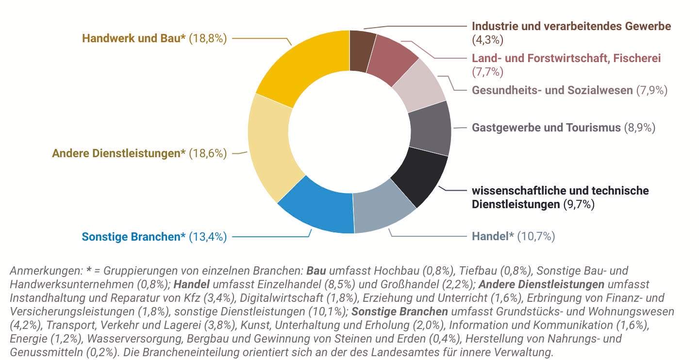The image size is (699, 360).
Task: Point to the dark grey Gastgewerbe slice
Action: point(430,129)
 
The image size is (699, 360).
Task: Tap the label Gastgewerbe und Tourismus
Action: point(546,128)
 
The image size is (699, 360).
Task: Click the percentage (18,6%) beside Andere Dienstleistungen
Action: point(208,153)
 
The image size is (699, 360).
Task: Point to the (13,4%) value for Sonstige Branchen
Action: point(208,237)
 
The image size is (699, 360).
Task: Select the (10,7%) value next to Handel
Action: point(536,237)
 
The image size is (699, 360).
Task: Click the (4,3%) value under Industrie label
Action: point(487,39)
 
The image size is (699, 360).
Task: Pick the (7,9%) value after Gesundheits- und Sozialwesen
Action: point(652,90)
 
